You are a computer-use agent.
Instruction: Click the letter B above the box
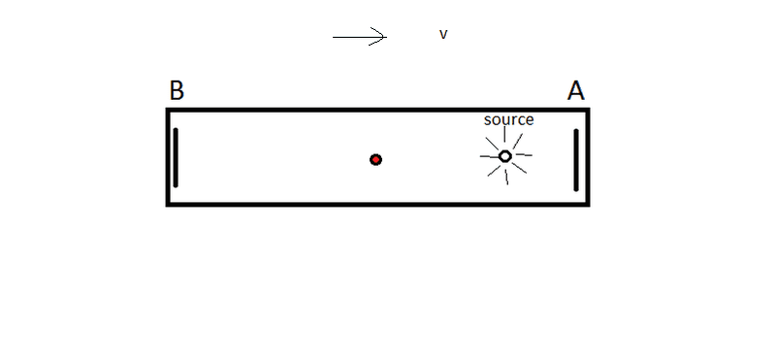pos(177,90)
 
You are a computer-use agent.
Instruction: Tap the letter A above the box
pos(575,91)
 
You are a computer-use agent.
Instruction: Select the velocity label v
pos(443,34)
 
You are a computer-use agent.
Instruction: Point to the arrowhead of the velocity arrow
pos(386,37)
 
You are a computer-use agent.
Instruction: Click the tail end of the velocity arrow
pos(333,37)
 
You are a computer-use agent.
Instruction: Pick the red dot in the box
pos(375,159)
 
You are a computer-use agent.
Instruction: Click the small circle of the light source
pos(504,156)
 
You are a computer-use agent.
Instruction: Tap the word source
pos(508,119)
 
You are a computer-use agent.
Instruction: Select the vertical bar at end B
pos(176,157)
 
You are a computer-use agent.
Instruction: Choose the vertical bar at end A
pos(576,160)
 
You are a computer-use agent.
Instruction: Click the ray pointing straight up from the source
pos(504,134)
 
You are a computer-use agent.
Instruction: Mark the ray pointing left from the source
pos(489,156)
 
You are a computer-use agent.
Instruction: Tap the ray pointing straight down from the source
pos(506,177)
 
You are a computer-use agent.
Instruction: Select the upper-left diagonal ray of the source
pos(492,144)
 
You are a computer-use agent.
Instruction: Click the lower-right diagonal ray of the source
pos(519,168)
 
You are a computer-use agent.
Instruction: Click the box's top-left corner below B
pos(168,110)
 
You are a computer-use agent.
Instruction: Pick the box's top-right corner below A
pos(588,110)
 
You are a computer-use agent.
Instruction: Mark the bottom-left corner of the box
pos(168,204)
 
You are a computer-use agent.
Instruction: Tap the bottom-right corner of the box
pos(588,204)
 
